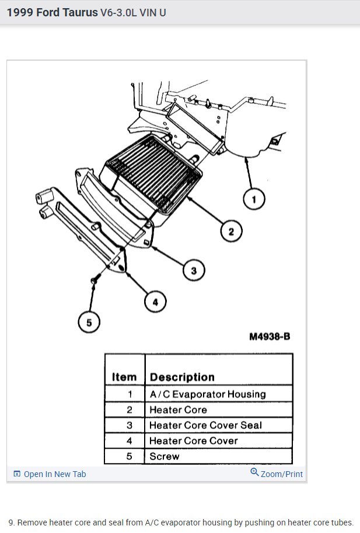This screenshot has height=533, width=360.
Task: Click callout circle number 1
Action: click(254, 200)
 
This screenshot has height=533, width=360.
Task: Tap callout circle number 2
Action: click(231, 232)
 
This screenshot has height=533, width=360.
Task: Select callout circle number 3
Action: click(194, 270)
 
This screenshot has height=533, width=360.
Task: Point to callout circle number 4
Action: click(155, 301)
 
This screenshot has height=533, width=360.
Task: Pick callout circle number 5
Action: click(89, 322)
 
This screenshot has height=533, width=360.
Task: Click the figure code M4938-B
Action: click(270, 337)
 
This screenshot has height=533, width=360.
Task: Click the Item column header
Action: click(124, 377)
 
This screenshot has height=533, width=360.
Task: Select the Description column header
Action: click(182, 377)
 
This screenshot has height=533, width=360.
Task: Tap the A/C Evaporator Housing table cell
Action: click(207, 394)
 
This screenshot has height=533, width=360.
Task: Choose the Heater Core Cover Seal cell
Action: click(205, 425)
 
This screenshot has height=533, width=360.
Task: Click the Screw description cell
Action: click(164, 456)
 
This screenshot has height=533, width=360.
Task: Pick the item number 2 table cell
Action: click(130, 410)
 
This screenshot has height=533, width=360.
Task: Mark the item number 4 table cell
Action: click(130, 441)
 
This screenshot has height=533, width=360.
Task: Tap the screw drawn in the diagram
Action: click(94, 282)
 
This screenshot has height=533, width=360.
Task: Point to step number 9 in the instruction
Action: click(12, 523)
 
